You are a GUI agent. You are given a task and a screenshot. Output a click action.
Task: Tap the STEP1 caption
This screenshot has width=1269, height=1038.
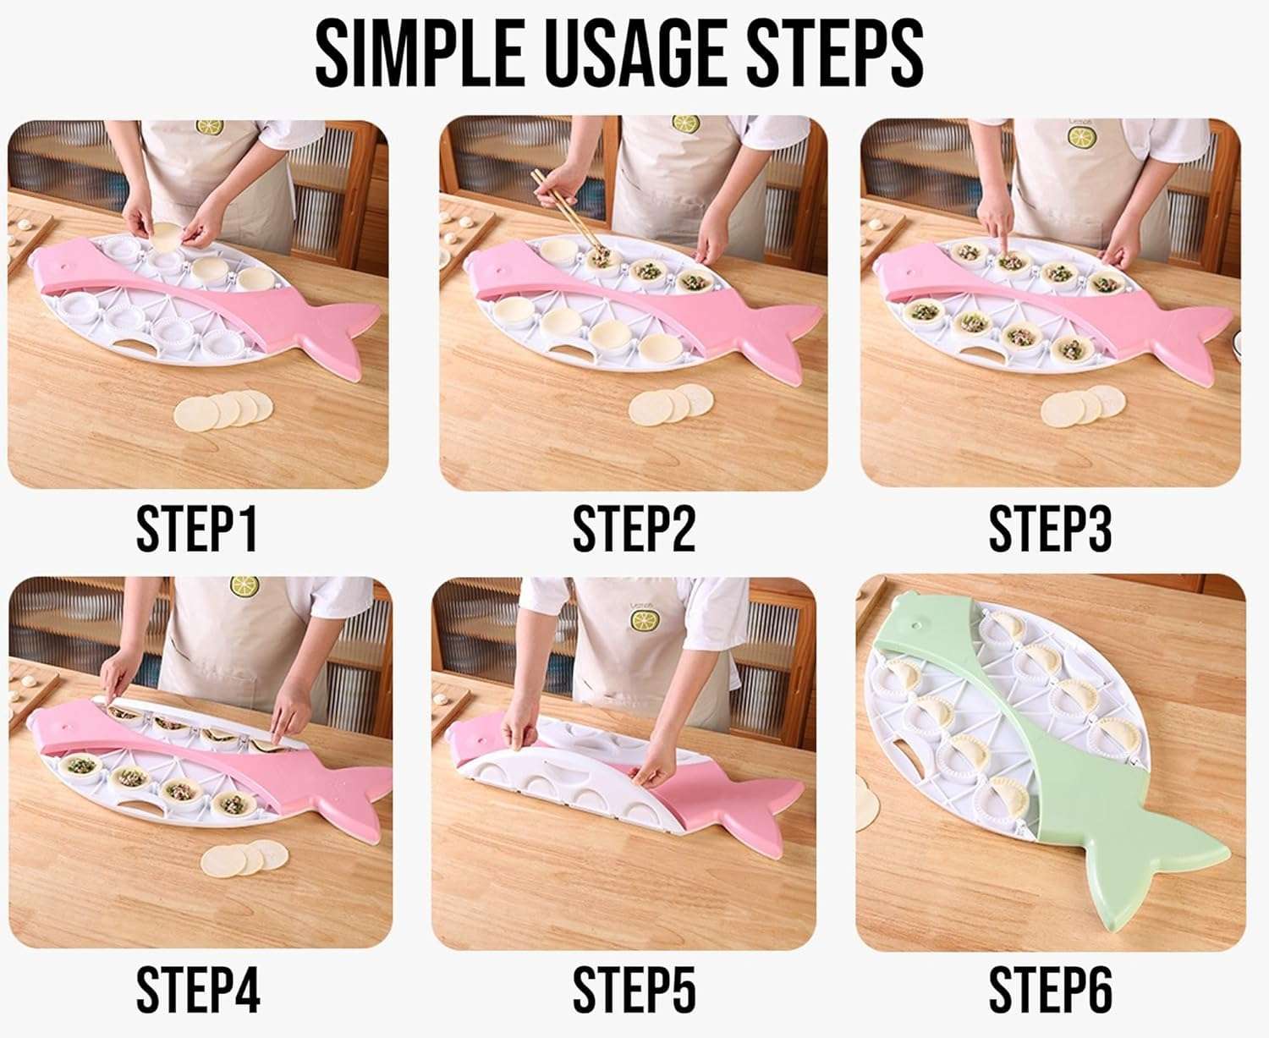coord(196,530)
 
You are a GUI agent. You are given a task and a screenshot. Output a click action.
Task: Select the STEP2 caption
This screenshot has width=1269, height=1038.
coord(634,530)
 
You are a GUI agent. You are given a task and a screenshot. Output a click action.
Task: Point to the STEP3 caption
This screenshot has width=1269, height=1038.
coord(1050,530)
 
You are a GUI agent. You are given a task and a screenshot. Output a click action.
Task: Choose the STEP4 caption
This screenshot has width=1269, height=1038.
coord(198,989)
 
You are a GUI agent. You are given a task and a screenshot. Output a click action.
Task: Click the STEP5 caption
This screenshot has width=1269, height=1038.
coord(634,989)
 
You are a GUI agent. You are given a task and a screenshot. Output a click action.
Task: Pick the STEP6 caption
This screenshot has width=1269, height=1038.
coord(1050,989)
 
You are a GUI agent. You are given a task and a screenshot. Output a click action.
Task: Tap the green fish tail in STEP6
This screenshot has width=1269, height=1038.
coord(1159,854)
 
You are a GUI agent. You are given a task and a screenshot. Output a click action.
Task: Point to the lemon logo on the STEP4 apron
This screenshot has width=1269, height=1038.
coord(244,585)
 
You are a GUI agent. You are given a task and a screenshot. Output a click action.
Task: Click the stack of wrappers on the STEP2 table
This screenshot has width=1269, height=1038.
coord(671,404)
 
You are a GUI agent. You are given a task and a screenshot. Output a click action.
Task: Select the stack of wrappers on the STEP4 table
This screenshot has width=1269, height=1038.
coord(244,860)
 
